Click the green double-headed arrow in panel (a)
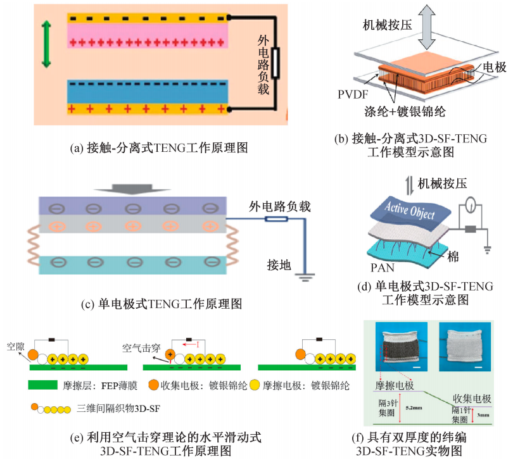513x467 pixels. [45, 44]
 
